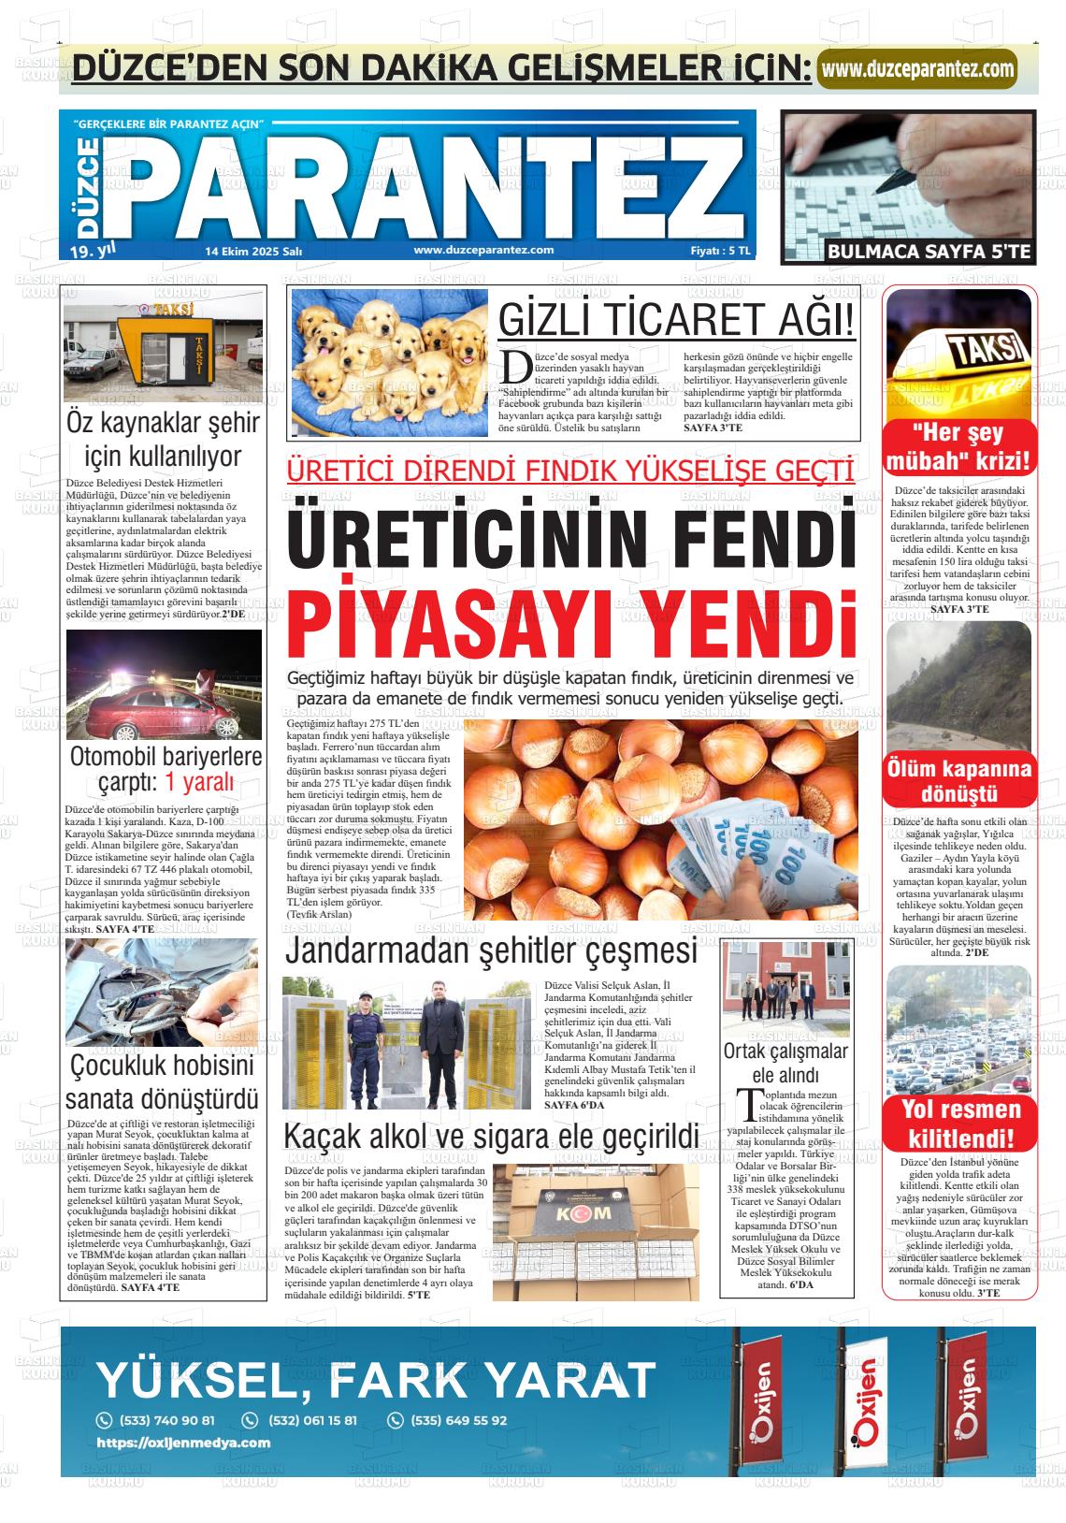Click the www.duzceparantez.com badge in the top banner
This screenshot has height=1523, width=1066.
click(x=917, y=68)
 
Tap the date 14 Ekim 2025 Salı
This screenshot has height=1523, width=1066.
click(x=253, y=251)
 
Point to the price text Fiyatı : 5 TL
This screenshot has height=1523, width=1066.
click(x=719, y=251)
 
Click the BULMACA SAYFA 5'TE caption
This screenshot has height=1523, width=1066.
click(x=929, y=251)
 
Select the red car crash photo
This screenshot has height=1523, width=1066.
click(x=164, y=686)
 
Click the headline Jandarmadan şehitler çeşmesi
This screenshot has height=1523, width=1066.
click(x=491, y=950)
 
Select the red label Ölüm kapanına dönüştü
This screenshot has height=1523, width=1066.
click(x=960, y=782)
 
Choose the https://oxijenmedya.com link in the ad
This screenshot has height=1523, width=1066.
click(x=183, y=1443)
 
